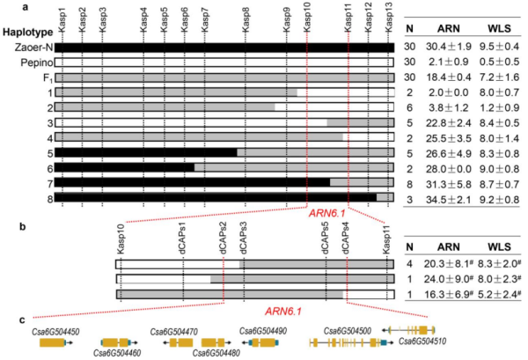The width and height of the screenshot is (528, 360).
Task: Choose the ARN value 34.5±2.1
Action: pos(450,198)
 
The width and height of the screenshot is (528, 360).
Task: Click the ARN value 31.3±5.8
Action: pos(450,183)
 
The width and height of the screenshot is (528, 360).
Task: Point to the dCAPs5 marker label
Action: pos(326,240)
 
